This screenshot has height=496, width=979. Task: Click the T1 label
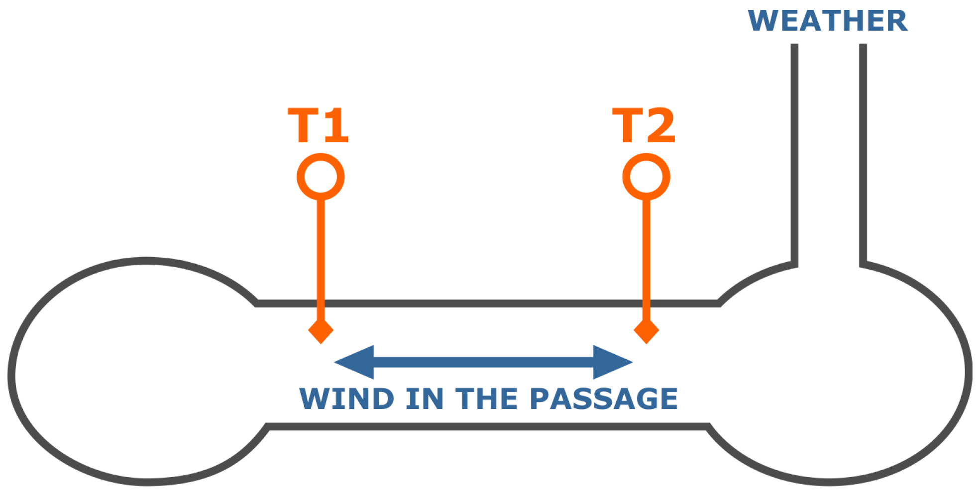click(319, 125)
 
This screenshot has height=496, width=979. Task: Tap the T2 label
click(644, 125)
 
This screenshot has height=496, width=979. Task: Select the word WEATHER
click(828, 21)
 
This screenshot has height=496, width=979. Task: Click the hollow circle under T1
click(321, 177)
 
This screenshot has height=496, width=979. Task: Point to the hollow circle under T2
click(646, 177)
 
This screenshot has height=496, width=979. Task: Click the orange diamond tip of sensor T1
click(321, 331)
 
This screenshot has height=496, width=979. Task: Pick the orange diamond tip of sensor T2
click(646, 331)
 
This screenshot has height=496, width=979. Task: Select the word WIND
click(346, 399)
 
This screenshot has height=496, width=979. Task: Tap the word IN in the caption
click(424, 399)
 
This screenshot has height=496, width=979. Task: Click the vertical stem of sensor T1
click(321, 249)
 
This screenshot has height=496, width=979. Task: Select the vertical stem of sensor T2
click(646, 249)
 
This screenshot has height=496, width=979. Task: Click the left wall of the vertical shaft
click(794, 149)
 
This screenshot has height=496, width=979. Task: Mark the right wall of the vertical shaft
click(863, 149)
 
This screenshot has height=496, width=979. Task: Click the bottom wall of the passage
click(488, 426)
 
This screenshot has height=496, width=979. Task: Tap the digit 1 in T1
click(335, 125)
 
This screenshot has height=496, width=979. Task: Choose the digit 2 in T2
click(660, 125)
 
